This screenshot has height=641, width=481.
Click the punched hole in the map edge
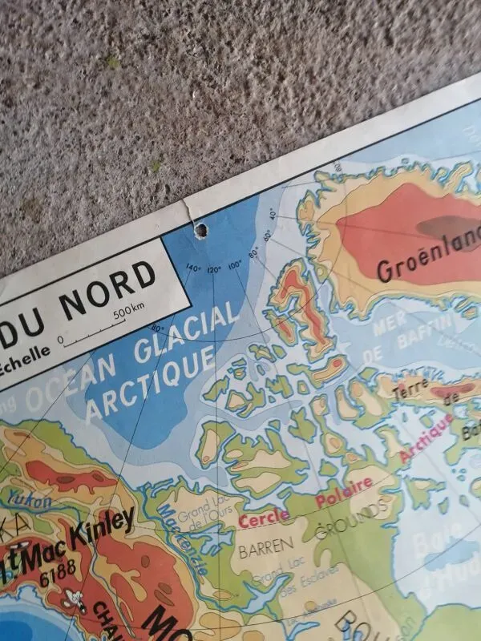click(x=201, y=231)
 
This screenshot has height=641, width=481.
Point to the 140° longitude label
click(x=193, y=268)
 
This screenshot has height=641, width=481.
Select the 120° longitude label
click(x=214, y=269)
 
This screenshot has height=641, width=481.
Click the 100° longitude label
click(x=234, y=264)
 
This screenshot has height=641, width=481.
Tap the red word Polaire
click(x=344, y=490)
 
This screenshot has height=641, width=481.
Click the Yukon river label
click(x=32, y=502)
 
